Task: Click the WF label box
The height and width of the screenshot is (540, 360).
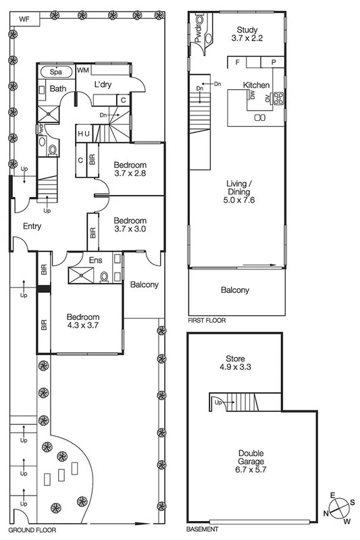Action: click(x=24, y=20)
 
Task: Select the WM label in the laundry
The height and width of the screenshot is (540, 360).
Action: click(x=84, y=70)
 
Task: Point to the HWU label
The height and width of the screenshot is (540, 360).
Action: click(x=84, y=134)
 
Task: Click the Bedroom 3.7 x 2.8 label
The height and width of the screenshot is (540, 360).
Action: click(x=130, y=169)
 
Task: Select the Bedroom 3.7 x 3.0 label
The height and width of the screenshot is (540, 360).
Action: click(x=130, y=225)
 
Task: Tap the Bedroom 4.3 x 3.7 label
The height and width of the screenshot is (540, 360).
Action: click(x=83, y=322)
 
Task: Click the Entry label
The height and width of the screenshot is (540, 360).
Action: click(x=32, y=226)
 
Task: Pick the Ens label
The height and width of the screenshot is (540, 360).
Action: click(x=95, y=259)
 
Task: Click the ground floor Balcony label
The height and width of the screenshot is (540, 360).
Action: click(x=144, y=284)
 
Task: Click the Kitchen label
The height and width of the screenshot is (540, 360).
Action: click(x=256, y=86)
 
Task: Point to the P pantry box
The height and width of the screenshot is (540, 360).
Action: click(x=274, y=62)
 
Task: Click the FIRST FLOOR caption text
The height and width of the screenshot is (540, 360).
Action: click(x=207, y=321)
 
